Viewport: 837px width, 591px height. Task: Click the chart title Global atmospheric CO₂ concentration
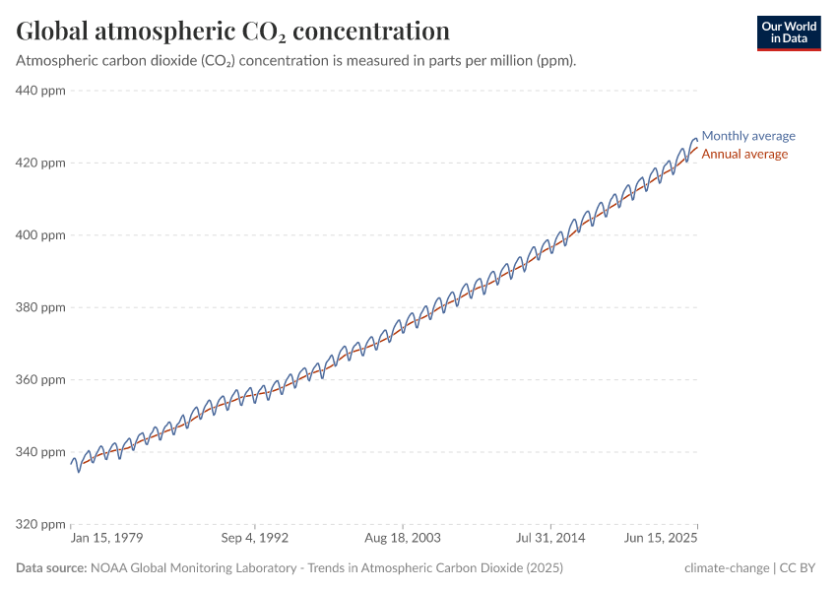pos(233,31)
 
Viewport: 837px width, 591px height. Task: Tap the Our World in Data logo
pos(788,33)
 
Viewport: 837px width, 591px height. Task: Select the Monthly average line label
pos(747,136)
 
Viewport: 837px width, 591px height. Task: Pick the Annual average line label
pos(743,154)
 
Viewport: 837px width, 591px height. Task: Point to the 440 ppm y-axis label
pos(40,91)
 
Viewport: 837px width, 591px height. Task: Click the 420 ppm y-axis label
pos(40,163)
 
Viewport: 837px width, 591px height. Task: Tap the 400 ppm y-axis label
pos(40,235)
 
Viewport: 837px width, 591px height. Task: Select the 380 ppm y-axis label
pos(40,307)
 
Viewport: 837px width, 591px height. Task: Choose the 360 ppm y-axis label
pos(40,379)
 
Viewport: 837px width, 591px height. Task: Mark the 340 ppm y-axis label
pos(40,452)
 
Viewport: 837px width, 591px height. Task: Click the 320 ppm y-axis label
pos(40,524)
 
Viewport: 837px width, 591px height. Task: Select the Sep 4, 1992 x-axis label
pos(254,539)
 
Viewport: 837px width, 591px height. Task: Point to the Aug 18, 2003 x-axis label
pos(403,539)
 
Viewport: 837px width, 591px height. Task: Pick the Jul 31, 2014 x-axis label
pos(551,539)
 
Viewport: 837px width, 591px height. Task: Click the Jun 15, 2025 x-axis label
pos(659,539)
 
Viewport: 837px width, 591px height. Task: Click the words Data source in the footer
pos(50,568)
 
